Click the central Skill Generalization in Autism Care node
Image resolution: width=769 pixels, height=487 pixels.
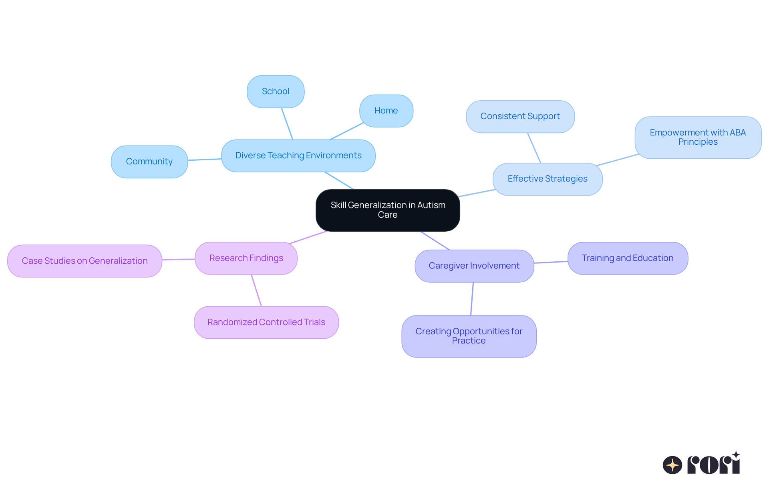[x=387, y=210]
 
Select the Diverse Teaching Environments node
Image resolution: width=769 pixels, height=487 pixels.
[x=298, y=156]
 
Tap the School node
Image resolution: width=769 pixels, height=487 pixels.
[x=276, y=91]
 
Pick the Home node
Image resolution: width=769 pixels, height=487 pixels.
[x=386, y=111]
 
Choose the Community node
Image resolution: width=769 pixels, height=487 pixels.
[x=149, y=162]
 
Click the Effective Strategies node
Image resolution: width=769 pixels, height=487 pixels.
[x=548, y=179]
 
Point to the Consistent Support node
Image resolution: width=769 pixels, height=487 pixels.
[x=520, y=116]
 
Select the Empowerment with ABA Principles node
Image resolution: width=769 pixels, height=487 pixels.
[x=698, y=137]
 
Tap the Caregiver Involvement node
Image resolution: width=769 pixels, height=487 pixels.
[x=474, y=266]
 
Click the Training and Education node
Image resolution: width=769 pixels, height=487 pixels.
[x=628, y=258]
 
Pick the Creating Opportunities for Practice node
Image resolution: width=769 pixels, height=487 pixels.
[x=469, y=336]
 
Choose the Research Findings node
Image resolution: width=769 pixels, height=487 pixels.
[x=246, y=258]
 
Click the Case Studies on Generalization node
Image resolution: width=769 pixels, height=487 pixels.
[x=85, y=261]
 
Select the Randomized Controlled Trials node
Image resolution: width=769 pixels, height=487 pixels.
[x=266, y=322]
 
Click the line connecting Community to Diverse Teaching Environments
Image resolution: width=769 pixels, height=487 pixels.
[x=205, y=160]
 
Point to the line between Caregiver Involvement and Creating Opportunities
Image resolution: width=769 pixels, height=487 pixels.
[x=472, y=299]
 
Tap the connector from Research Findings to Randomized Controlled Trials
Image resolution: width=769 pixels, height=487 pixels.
[x=256, y=290]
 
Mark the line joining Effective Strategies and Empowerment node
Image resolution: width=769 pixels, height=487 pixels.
[x=617, y=160]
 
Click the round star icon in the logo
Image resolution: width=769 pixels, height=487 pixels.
[x=672, y=465]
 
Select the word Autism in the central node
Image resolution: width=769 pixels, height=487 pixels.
[x=431, y=205]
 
